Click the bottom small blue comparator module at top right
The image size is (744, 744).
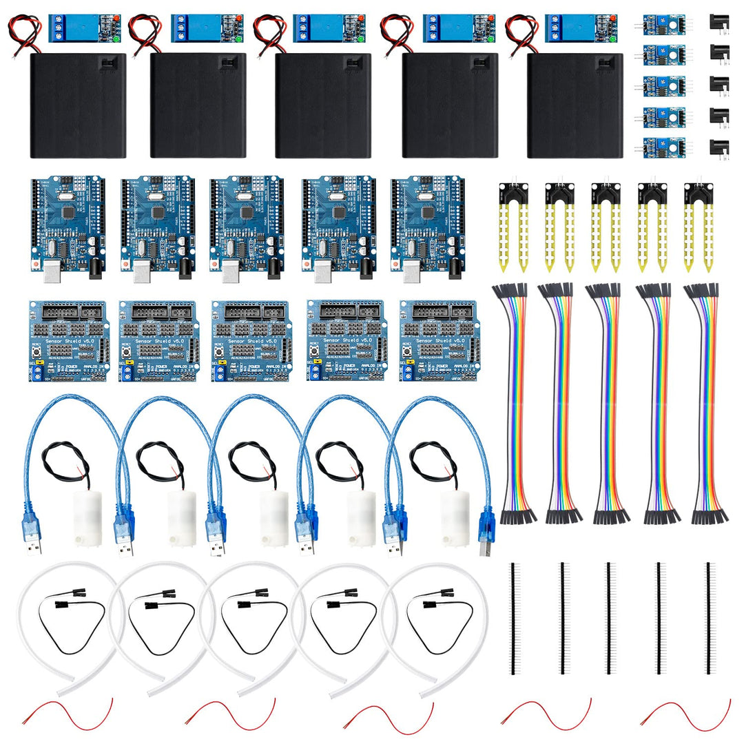click(x=659, y=146)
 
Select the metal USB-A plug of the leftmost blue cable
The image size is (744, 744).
click(x=32, y=546)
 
